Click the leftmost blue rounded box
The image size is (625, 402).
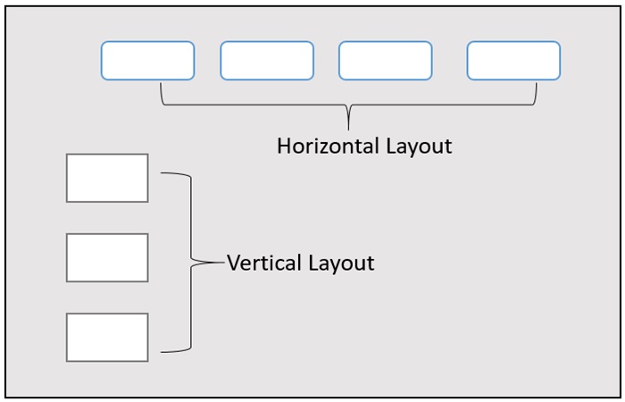[x=147, y=61]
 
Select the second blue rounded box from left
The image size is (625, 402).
[x=267, y=61]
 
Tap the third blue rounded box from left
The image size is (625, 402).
[x=386, y=61]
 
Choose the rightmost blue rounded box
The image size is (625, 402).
[x=513, y=61]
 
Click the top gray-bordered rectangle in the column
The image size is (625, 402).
[x=107, y=178]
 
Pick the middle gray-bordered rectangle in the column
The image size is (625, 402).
[x=107, y=257]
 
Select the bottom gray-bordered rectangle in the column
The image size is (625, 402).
[x=107, y=337]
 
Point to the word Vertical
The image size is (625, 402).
[x=264, y=264]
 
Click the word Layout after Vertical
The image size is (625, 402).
[x=342, y=264]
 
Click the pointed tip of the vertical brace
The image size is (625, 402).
[x=221, y=263]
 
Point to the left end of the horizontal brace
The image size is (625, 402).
[x=161, y=85]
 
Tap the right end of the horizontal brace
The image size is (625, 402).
[x=537, y=85]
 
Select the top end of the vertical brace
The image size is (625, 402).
[x=162, y=174]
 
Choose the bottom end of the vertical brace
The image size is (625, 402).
[x=162, y=351]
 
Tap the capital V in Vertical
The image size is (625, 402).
[x=234, y=264]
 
